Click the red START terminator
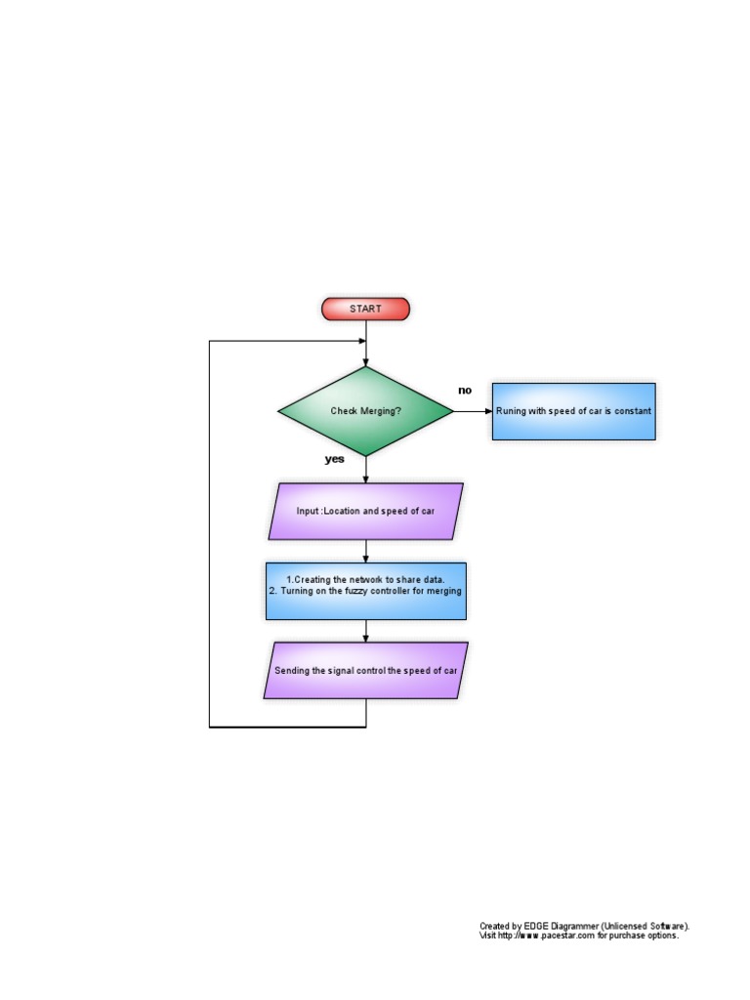coord(365,309)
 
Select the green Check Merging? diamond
coord(365,411)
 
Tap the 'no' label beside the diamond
coord(465,390)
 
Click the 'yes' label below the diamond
coord(335,458)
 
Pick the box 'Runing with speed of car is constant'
coord(573,411)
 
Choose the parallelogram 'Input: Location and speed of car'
coord(365,511)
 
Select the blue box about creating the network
coord(365,591)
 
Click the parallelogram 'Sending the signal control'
coord(365,670)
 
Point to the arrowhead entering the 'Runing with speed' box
coord(487,411)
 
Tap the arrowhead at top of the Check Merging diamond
coord(366,361)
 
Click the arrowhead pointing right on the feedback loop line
coord(361,341)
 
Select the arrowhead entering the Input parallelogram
coord(366,479)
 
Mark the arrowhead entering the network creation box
coord(366,558)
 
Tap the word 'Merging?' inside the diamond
coord(381,411)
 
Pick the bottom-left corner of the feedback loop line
coord(210,728)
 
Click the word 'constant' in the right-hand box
coord(632,411)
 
